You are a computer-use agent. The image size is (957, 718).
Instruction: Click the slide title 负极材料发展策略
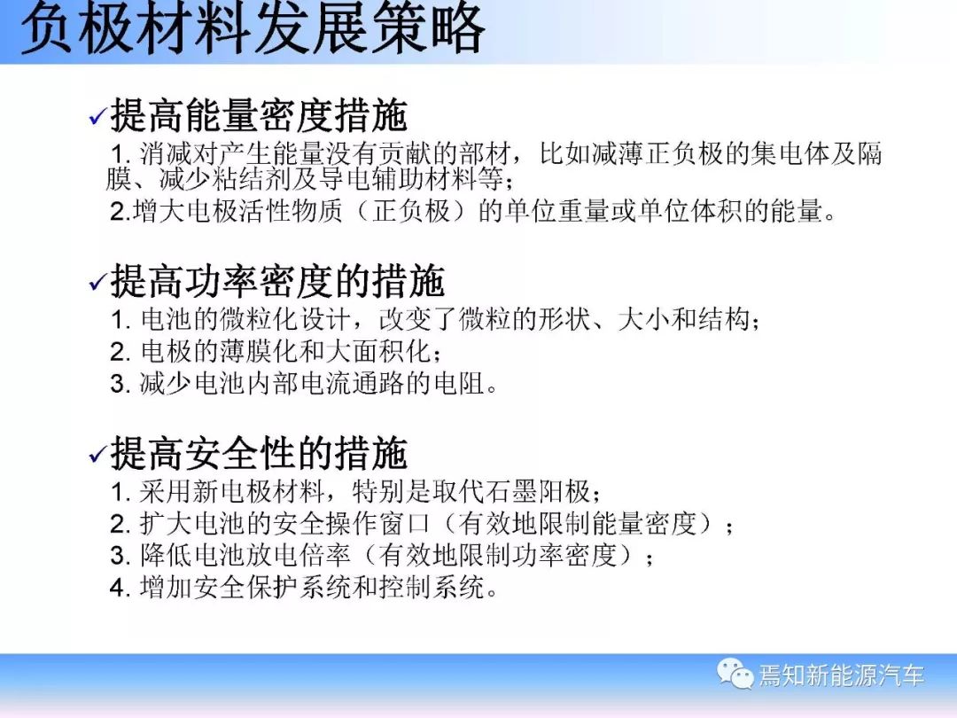click(x=253, y=27)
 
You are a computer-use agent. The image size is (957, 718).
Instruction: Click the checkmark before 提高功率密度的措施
click(x=97, y=282)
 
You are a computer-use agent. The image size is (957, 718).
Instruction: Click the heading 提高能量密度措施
click(x=258, y=114)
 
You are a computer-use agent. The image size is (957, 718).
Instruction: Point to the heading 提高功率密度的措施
click(x=277, y=281)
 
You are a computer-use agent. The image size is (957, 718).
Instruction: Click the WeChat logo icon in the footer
click(x=735, y=674)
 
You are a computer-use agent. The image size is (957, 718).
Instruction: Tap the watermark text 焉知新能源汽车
click(x=842, y=675)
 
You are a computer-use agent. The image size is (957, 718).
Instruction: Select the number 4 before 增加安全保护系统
click(x=117, y=588)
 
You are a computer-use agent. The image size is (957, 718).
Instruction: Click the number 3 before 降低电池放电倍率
click(x=117, y=556)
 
